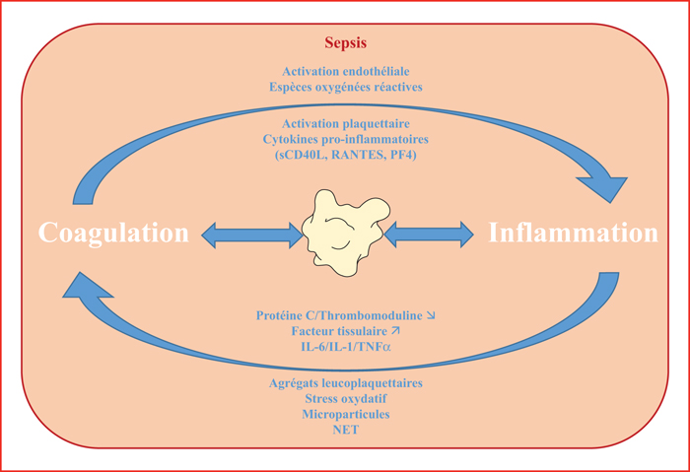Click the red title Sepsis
tap(345, 43)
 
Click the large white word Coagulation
tap(113, 233)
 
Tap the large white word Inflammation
tap(573, 233)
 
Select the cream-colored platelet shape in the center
tap(345, 233)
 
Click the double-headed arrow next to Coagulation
tap(252, 235)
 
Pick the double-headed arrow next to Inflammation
tap(429, 235)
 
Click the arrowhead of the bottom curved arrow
tap(86, 287)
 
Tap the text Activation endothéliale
tap(345, 71)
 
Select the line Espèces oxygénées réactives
tap(345, 87)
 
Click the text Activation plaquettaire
tap(345, 123)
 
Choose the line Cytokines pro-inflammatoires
tap(345, 140)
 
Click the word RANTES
tap(357, 156)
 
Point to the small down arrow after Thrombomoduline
tap(431, 315)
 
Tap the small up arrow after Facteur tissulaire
tap(395, 330)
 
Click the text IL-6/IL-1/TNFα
tap(345, 347)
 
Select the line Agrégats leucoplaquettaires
tap(345, 383)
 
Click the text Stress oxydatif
tap(345, 398)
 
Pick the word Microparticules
tap(345, 415)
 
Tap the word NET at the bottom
tap(345, 430)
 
